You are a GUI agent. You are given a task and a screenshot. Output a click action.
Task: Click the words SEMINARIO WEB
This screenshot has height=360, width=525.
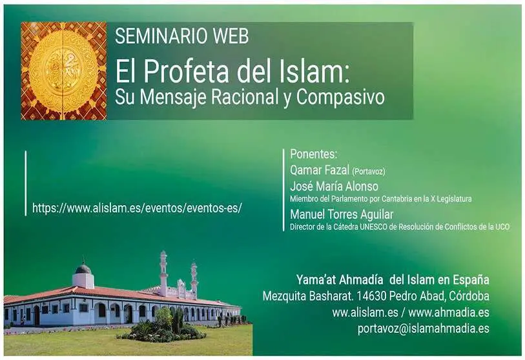tap(182, 36)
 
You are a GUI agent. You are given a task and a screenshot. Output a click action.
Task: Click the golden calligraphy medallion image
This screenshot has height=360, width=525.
tap(64, 70)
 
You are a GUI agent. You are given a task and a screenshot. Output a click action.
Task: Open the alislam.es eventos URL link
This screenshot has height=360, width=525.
tap(137, 208)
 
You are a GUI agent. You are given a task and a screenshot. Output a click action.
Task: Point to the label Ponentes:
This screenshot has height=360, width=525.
tap(313, 154)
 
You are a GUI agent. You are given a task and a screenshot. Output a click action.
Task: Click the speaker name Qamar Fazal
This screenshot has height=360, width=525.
tap(320, 170)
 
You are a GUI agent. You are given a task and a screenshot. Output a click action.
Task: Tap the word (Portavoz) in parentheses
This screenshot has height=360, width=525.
tap(369, 172)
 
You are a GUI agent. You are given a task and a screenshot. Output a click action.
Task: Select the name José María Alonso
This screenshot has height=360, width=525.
tap(334, 186)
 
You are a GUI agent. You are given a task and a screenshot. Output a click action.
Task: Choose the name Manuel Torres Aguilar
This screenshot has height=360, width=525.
tap(342, 214)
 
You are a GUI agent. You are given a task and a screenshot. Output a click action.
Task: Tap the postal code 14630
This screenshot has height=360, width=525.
tap(372, 295)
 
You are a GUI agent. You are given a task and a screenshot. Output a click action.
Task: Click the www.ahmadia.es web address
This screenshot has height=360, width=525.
tap(449, 312)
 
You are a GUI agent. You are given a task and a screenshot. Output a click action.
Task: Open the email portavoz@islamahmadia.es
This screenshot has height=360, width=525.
tap(423, 328)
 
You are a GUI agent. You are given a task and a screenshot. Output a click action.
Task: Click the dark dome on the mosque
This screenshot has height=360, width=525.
tap(83, 268)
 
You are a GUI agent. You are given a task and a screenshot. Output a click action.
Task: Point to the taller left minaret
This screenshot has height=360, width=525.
tap(163, 273)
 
